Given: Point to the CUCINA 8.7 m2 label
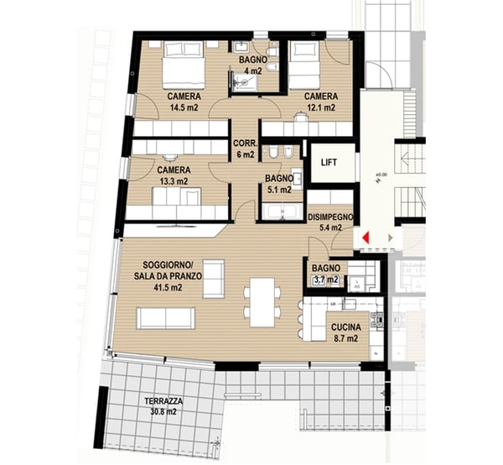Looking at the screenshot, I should pos(345,333).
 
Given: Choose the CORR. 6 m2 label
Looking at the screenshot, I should pos(245,148).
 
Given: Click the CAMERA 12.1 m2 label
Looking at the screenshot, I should pos(320,102).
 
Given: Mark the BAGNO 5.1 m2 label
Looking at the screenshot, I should pos(277,184).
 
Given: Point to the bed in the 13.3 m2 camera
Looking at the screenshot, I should pos(188,200).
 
